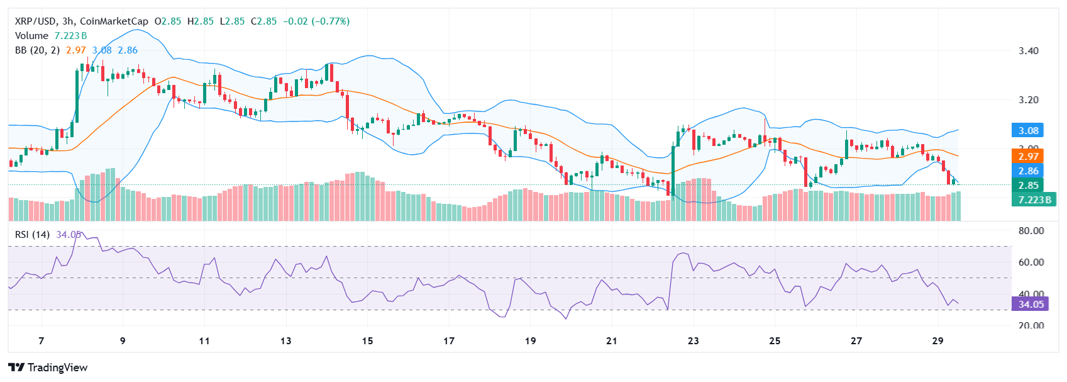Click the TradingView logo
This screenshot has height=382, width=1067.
(x=48, y=368)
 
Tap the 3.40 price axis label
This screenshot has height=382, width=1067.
(x=1029, y=51)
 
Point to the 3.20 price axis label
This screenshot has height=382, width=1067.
(x=1029, y=100)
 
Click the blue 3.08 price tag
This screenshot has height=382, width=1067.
(x=1028, y=131)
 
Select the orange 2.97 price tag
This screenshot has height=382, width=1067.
(x=1028, y=156)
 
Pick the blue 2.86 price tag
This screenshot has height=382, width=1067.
(x=1028, y=171)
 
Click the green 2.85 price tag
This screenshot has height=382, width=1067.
(x=1028, y=186)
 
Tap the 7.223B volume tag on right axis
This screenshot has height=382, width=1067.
(x=1034, y=200)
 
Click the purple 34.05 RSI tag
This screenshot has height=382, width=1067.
(x=1031, y=305)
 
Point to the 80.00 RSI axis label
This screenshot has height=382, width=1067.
(x=1031, y=231)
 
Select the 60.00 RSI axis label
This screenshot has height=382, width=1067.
(x=1031, y=262)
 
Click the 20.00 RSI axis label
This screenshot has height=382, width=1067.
(x=1031, y=326)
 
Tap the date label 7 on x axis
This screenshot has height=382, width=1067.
(x=41, y=341)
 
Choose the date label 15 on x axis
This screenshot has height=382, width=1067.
(x=367, y=341)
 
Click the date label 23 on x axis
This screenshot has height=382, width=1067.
(x=693, y=341)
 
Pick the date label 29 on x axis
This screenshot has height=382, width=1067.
(x=937, y=341)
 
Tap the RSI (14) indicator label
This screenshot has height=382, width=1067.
(x=33, y=235)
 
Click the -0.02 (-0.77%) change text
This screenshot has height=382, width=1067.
(x=316, y=21)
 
